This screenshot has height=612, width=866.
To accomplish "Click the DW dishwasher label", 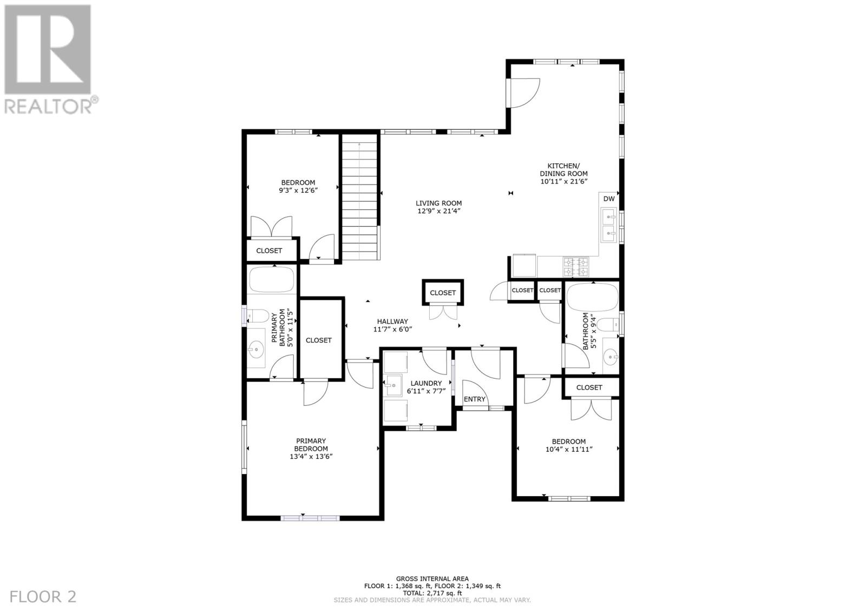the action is [608, 199].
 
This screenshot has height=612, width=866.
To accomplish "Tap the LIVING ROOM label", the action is [438, 203].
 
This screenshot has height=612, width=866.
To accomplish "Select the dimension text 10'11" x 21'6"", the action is [563, 181].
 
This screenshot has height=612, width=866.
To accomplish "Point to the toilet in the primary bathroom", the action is [256, 315].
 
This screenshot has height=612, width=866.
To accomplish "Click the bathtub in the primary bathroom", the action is [271, 280].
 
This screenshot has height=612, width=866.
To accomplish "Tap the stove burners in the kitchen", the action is [576, 266].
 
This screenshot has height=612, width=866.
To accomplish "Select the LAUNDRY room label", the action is [426, 383].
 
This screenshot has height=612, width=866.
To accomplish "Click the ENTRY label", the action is [475, 399].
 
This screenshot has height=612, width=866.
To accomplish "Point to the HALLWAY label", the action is [392, 321].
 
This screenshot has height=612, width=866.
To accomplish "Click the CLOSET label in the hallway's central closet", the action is [443, 293].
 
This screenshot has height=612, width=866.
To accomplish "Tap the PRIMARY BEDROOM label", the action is [311, 445].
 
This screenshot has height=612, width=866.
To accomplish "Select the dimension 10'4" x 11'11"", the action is [569, 449].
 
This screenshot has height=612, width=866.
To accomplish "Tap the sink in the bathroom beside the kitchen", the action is [612, 356].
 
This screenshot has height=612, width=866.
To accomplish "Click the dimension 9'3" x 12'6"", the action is [298, 190].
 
